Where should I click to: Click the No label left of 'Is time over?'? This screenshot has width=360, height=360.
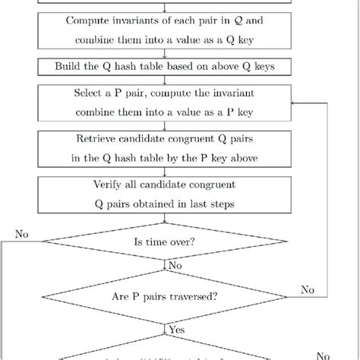(x=21, y=234)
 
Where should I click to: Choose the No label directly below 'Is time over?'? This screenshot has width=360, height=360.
(x=175, y=267)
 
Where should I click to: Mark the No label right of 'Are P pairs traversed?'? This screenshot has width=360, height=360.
(x=307, y=289)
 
